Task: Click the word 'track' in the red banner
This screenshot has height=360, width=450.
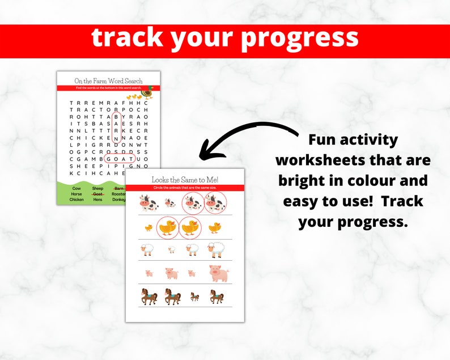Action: pos(125,38)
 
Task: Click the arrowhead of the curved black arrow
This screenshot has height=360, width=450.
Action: pos(204,152)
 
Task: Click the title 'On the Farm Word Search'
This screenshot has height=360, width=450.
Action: pos(108,81)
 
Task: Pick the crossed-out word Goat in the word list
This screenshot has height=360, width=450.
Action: pos(98,193)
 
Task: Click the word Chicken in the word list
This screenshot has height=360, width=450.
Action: pos(77,200)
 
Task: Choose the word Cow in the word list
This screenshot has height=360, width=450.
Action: pos(77,188)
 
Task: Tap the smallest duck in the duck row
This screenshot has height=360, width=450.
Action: pos(148,227)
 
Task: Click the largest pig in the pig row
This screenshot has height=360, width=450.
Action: pos(218,274)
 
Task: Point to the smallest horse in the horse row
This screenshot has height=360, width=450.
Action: pos(194,297)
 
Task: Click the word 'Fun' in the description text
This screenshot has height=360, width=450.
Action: pos(326,139)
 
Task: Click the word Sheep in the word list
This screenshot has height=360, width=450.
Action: pos(98,188)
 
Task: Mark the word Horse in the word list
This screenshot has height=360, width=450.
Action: pos(77,193)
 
